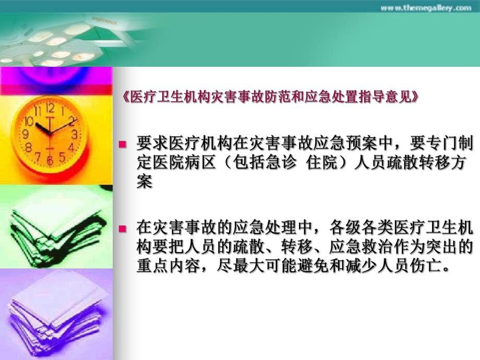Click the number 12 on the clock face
click(x=50, y=109)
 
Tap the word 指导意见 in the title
click(x=387, y=98)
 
